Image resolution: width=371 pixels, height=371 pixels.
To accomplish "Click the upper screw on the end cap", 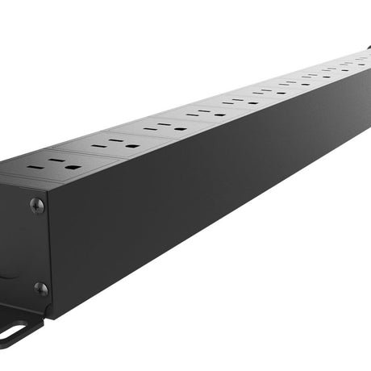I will pos(36,205).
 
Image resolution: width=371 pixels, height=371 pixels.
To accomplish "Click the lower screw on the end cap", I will pos(40,288).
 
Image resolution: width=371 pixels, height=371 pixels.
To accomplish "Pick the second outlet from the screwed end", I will pos(110,145).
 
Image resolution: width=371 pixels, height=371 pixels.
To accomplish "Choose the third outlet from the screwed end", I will pos(160,127).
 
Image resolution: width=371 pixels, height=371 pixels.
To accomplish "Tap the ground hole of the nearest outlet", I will pos(71,167).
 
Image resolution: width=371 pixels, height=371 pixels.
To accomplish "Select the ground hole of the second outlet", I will pos(127,146).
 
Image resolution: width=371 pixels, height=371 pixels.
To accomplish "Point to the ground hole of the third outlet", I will pos(176,128).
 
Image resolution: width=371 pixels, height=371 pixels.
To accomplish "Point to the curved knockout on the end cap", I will pos(6,270).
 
